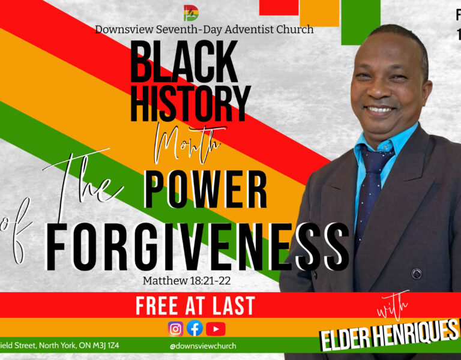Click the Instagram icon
tap(175, 328)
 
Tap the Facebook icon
tap(194, 328)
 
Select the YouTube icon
tap(215, 328)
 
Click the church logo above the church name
tap(191, 13)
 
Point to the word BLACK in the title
tap(184, 63)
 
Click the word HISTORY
tap(190, 103)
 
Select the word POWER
tap(206, 190)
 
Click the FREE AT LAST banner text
tap(195, 306)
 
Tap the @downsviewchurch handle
tap(203, 346)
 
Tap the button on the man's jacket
tap(416, 274)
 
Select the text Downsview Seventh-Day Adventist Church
tap(204, 29)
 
